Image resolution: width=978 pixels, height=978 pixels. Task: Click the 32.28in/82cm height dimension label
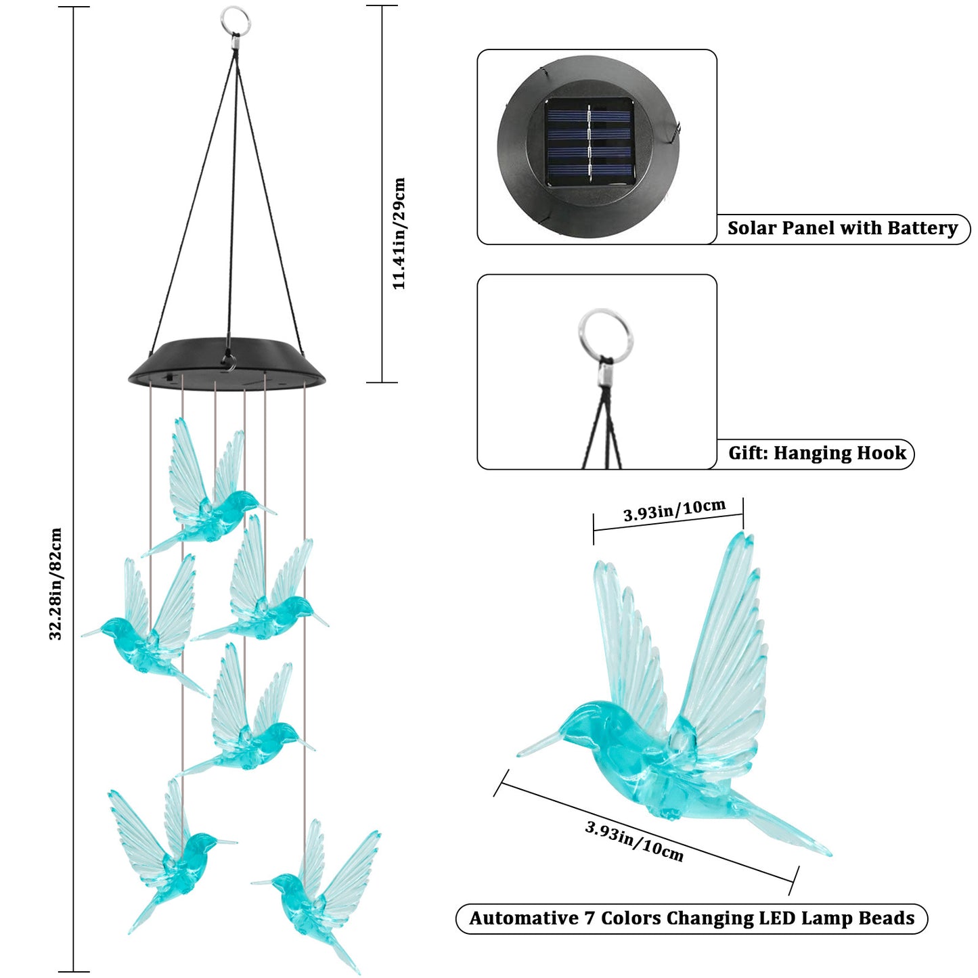tap(56, 583)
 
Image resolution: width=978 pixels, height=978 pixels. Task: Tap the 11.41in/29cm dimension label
tap(399, 234)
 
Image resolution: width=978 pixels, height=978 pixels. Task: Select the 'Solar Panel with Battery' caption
tap(843, 228)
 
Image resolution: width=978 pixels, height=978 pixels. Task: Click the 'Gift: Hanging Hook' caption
tap(817, 453)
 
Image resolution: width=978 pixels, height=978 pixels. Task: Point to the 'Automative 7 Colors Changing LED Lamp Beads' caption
tap(692, 918)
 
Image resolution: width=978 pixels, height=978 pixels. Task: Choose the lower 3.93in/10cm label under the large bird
tap(634, 841)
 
